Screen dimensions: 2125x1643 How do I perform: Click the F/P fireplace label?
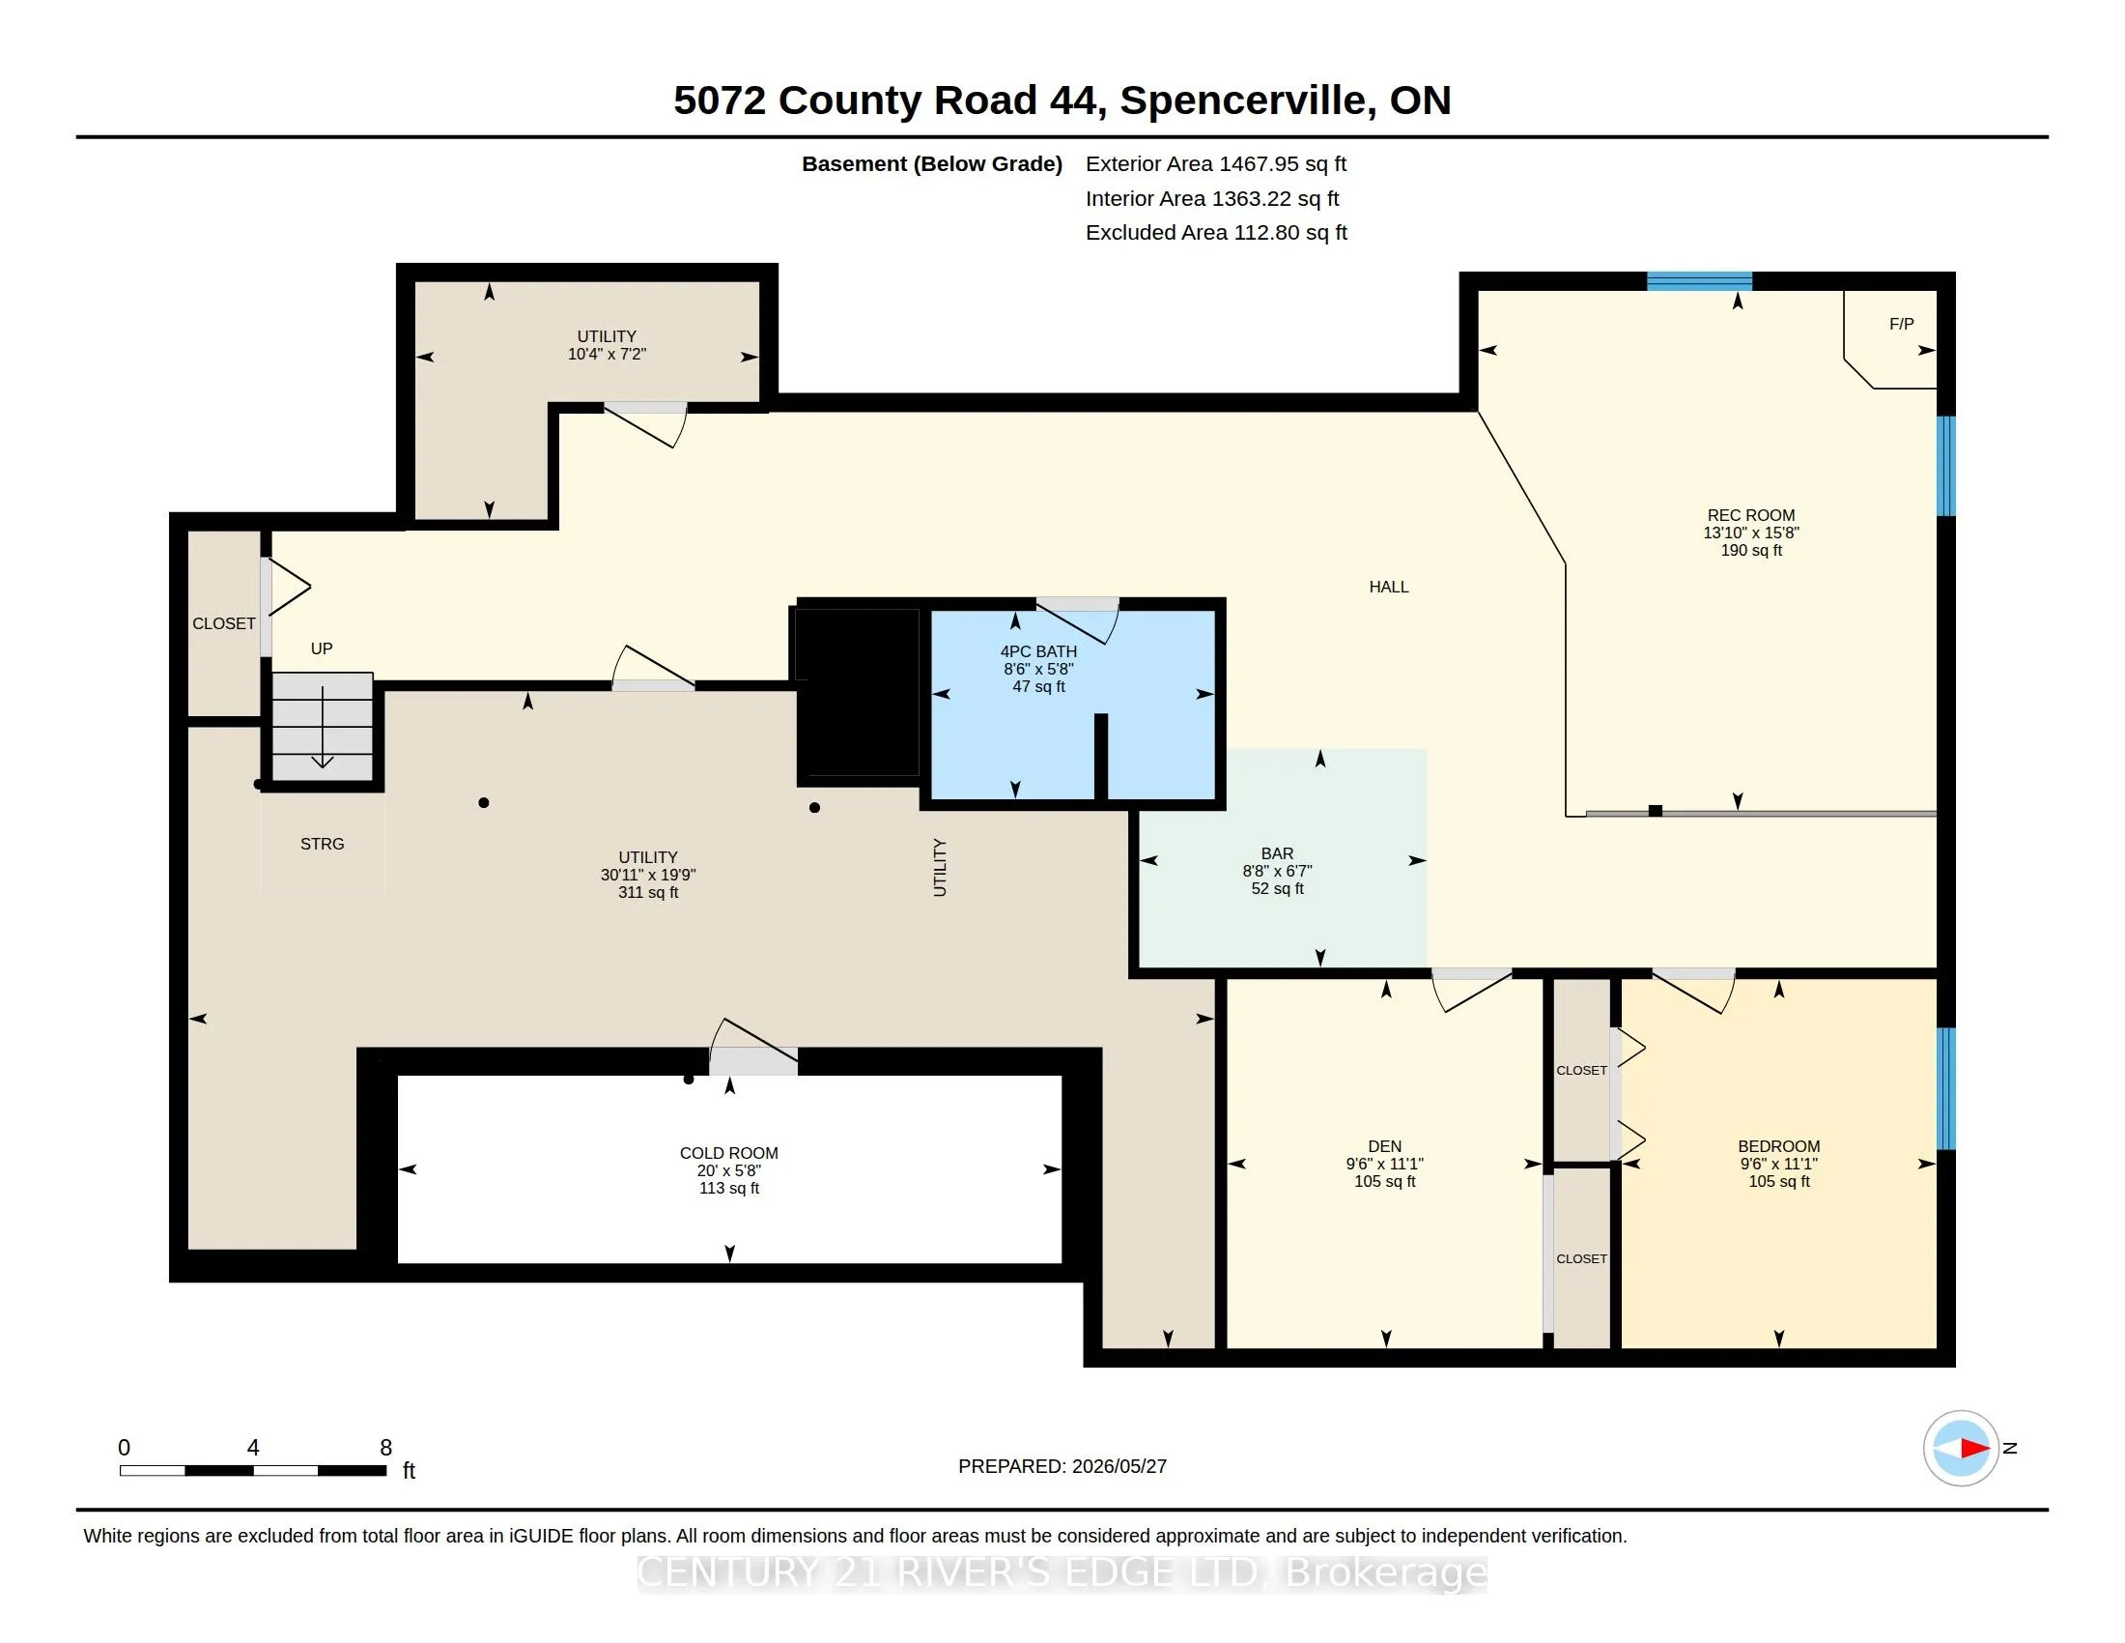pos(1901,324)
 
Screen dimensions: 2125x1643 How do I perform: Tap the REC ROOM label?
pos(1751,516)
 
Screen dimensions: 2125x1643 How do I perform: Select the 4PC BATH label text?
pos(1038,652)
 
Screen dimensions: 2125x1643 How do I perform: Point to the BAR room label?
pos(1278,853)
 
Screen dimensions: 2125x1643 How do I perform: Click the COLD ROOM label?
pos(728,1153)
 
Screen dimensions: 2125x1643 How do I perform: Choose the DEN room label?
pos(1384,1146)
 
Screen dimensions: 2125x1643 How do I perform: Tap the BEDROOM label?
pos(1778,1146)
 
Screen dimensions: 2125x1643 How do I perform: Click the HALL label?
pos(1388,587)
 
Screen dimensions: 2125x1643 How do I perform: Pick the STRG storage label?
pos(322,844)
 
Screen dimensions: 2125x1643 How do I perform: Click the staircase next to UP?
pos(322,726)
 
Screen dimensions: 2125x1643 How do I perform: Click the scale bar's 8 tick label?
pos(385,1448)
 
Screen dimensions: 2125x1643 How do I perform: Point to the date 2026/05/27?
pos(1119,1467)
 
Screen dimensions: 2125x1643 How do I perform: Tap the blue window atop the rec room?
pos(1699,281)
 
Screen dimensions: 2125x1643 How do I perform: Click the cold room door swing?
pos(752,1045)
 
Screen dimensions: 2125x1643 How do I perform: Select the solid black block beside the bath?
pos(857,692)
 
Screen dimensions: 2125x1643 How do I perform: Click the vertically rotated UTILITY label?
pos(940,867)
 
